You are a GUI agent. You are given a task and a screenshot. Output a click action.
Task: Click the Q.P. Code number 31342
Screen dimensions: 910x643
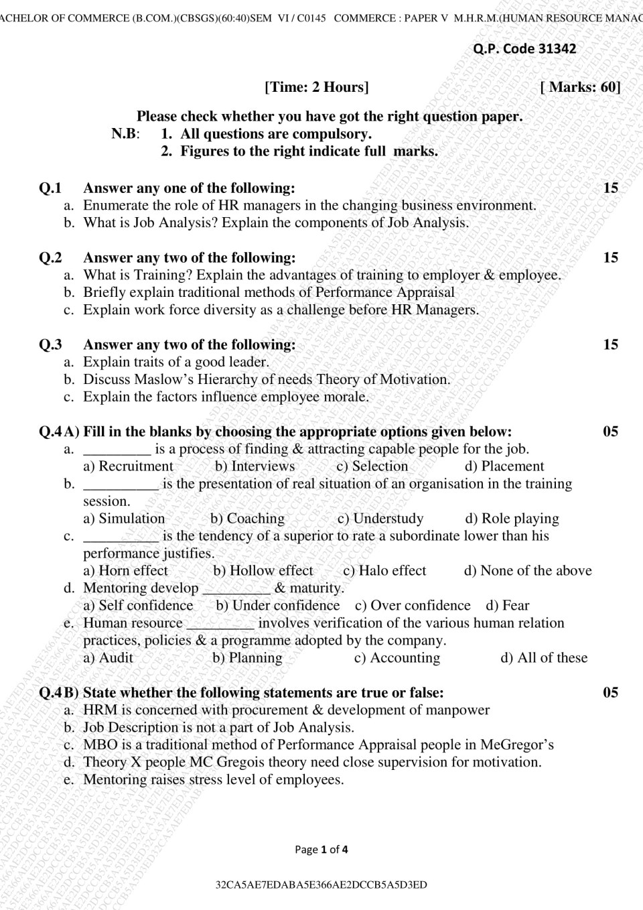pos(557,48)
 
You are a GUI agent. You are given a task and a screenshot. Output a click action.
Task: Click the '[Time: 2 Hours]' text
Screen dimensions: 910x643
pos(316,87)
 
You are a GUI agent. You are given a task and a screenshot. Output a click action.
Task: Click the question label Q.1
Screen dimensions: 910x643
pos(50,188)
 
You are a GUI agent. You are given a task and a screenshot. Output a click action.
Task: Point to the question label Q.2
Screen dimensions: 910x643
pos(50,258)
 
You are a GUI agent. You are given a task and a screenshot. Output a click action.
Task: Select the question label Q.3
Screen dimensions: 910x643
pos(50,345)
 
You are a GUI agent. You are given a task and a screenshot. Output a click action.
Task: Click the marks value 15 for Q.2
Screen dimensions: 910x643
pos(610,258)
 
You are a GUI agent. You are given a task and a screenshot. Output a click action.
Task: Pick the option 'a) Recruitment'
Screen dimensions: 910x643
pos(128,466)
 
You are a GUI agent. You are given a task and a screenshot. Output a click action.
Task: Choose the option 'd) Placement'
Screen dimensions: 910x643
pos(504,466)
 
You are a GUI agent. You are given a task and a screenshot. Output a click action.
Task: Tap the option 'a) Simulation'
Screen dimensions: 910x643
pos(124,519)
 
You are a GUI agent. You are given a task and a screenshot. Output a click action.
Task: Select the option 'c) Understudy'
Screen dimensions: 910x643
pos(380,519)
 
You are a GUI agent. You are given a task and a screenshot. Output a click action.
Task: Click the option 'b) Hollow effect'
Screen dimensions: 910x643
pos(263,571)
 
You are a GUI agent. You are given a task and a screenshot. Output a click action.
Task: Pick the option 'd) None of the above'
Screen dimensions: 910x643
pos(528,571)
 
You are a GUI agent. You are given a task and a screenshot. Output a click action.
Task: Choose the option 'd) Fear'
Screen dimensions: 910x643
pos(507,606)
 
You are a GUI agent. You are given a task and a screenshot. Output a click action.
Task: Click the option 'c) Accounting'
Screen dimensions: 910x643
pos(397,658)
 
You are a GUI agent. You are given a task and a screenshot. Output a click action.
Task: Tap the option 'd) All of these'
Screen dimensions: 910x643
pos(543,658)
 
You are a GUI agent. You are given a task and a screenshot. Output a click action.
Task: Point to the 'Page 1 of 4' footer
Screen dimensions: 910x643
pos(321,850)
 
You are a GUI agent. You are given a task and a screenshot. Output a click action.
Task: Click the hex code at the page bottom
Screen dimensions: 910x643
pos(321,885)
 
